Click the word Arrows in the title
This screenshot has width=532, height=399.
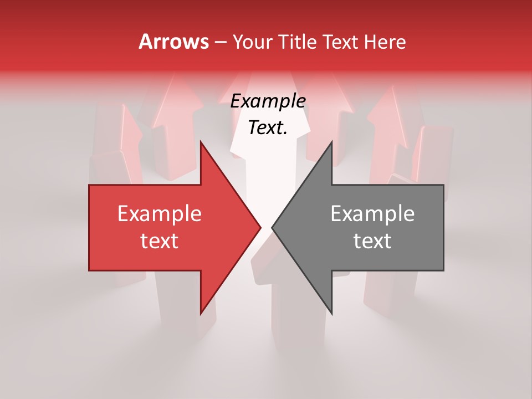tap(173, 42)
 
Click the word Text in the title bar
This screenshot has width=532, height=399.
tap(341, 42)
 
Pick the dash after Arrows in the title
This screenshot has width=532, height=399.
tap(221, 43)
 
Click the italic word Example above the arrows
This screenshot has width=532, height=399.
tap(268, 101)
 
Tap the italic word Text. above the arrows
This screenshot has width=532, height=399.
tap(268, 128)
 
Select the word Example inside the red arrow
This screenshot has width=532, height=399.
tap(160, 214)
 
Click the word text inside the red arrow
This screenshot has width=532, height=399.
tap(160, 241)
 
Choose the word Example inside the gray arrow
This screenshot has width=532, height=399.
tap(372, 214)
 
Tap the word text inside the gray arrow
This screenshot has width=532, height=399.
tap(372, 241)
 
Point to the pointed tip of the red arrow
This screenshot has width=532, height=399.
tap(260, 227)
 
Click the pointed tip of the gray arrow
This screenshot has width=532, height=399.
tap(272, 227)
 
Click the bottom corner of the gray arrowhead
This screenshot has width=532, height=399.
tap(332, 314)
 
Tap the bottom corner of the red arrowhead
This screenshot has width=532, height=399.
tap(201, 314)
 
